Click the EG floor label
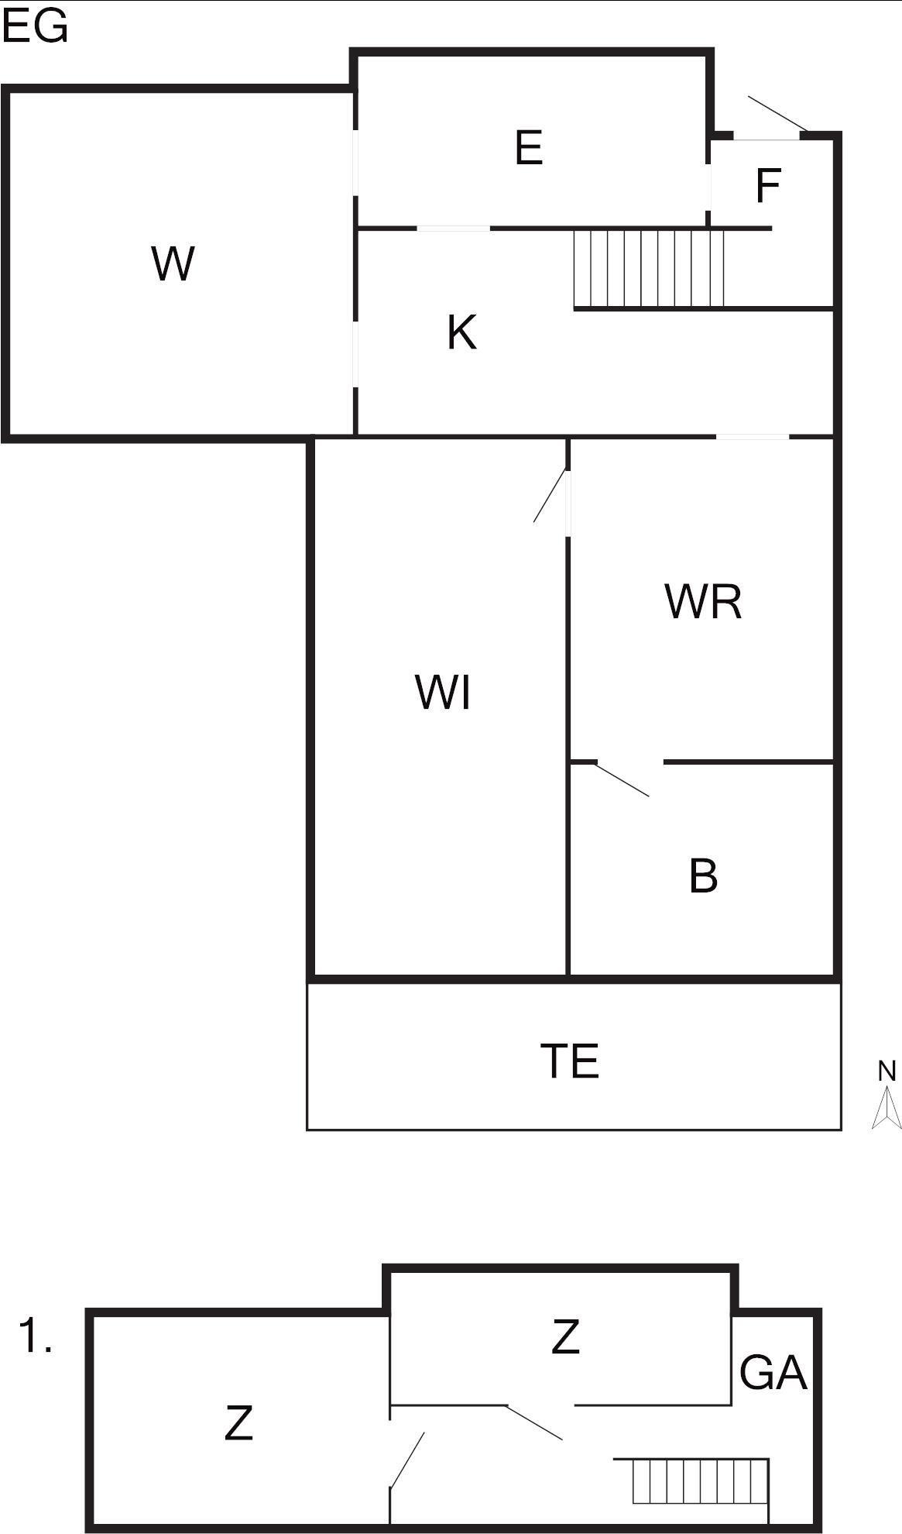[x=35, y=28]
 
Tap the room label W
[x=173, y=263]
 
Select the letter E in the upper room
[x=529, y=147]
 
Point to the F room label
[x=767, y=186]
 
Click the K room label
[x=461, y=332]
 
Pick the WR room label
[x=703, y=601]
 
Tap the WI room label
[x=443, y=692]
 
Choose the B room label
[x=703, y=876]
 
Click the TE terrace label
[x=570, y=1061]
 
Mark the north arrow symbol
[x=887, y=1107]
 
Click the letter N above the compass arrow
[x=887, y=1071]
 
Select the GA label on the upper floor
[x=773, y=1373]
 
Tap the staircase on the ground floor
[x=649, y=268]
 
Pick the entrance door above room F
[x=777, y=113]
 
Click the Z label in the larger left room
[x=238, y=1422]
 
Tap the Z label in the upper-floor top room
[x=565, y=1336]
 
